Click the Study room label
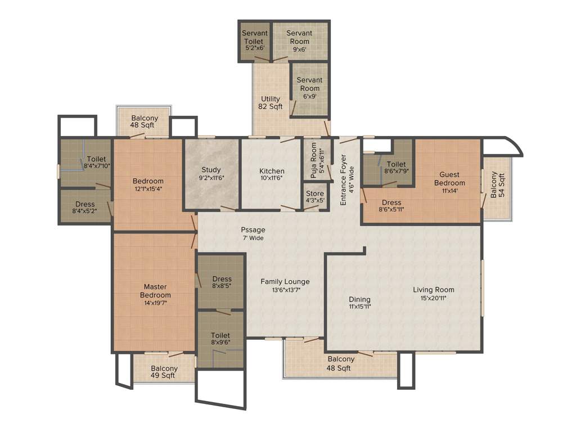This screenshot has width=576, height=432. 211,170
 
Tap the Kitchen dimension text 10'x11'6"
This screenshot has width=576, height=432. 271,178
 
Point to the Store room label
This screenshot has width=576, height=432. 314,193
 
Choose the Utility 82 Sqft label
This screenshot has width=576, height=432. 271,103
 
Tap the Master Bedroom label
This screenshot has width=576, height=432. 155,291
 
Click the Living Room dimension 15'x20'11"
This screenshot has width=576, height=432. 433,299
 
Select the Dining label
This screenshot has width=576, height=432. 359,299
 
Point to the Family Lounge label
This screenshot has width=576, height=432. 285,281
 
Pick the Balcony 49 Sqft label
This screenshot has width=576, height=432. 164,372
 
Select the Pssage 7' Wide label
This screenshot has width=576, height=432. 253,233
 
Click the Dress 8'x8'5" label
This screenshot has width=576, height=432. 222,282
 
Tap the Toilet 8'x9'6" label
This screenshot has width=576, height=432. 221,339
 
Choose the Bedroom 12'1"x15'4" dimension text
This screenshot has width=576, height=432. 148,189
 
